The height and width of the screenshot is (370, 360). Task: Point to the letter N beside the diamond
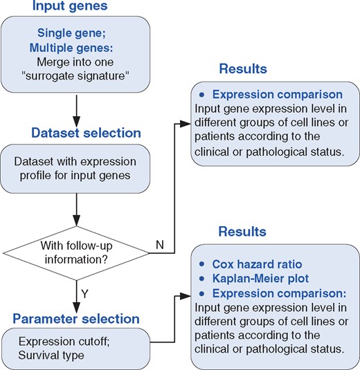coord(161,245)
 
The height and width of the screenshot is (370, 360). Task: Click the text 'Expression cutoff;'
coord(63,342)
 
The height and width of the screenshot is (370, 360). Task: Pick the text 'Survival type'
coord(53,355)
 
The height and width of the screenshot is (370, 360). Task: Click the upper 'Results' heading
coord(243,69)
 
